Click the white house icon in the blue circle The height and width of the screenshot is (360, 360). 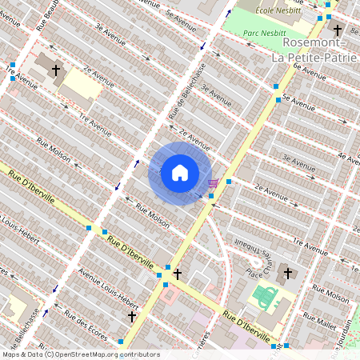pos(180,173)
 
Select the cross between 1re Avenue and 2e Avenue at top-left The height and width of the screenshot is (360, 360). pos(56,71)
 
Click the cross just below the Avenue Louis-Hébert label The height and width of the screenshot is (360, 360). pos(133,317)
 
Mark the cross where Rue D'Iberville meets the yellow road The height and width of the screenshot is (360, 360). pos(177,274)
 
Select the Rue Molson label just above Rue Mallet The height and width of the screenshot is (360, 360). pos(332,297)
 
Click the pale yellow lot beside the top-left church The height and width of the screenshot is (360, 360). pos(81,81)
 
